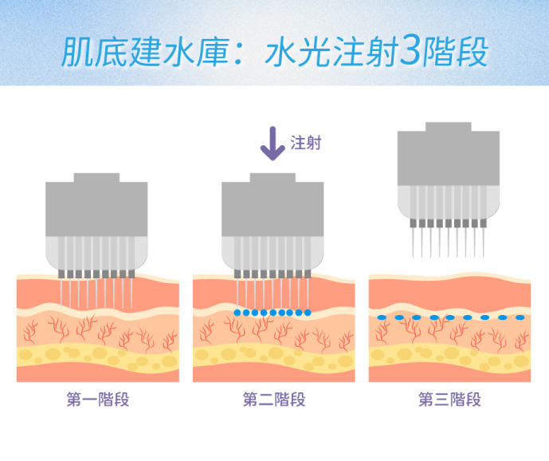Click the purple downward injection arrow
(273, 144)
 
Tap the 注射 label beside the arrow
(306, 144)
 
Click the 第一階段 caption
(97, 400)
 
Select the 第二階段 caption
(273, 400)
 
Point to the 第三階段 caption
(449, 400)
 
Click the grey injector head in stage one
(96, 211)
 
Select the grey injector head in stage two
(273, 211)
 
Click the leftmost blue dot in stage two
(237, 313)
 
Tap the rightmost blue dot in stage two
(308, 313)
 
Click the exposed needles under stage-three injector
(449, 240)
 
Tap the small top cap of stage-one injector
(96, 178)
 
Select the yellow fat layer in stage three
(449, 354)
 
